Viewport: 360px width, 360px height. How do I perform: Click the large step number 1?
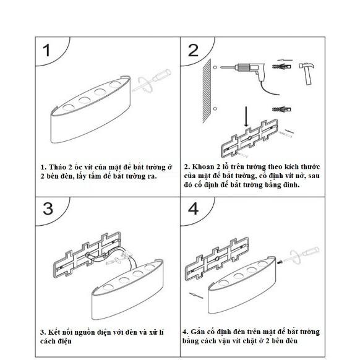click(x=47, y=50)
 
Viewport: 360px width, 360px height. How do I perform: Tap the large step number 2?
click(x=193, y=50)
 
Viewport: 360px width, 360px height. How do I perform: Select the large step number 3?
click(x=48, y=208)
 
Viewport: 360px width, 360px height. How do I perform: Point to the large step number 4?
click(x=194, y=208)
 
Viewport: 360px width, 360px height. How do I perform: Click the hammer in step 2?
click(x=307, y=73)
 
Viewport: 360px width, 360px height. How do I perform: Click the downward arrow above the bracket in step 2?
click(x=246, y=116)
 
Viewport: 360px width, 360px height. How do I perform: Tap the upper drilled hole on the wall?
click(x=215, y=67)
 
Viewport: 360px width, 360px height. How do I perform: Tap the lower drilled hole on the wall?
click(x=215, y=109)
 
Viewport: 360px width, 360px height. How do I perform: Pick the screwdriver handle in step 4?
click(x=311, y=252)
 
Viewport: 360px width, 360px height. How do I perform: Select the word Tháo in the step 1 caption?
click(x=58, y=167)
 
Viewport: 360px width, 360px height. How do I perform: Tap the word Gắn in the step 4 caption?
click(x=197, y=332)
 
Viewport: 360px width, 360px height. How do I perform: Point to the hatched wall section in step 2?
click(x=207, y=91)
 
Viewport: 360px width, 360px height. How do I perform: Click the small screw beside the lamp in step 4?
click(x=279, y=262)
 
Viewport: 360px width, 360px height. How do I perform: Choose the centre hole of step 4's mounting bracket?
click(x=217, y=259)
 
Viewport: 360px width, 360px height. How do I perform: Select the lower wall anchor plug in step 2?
click(x=281, y=109)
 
